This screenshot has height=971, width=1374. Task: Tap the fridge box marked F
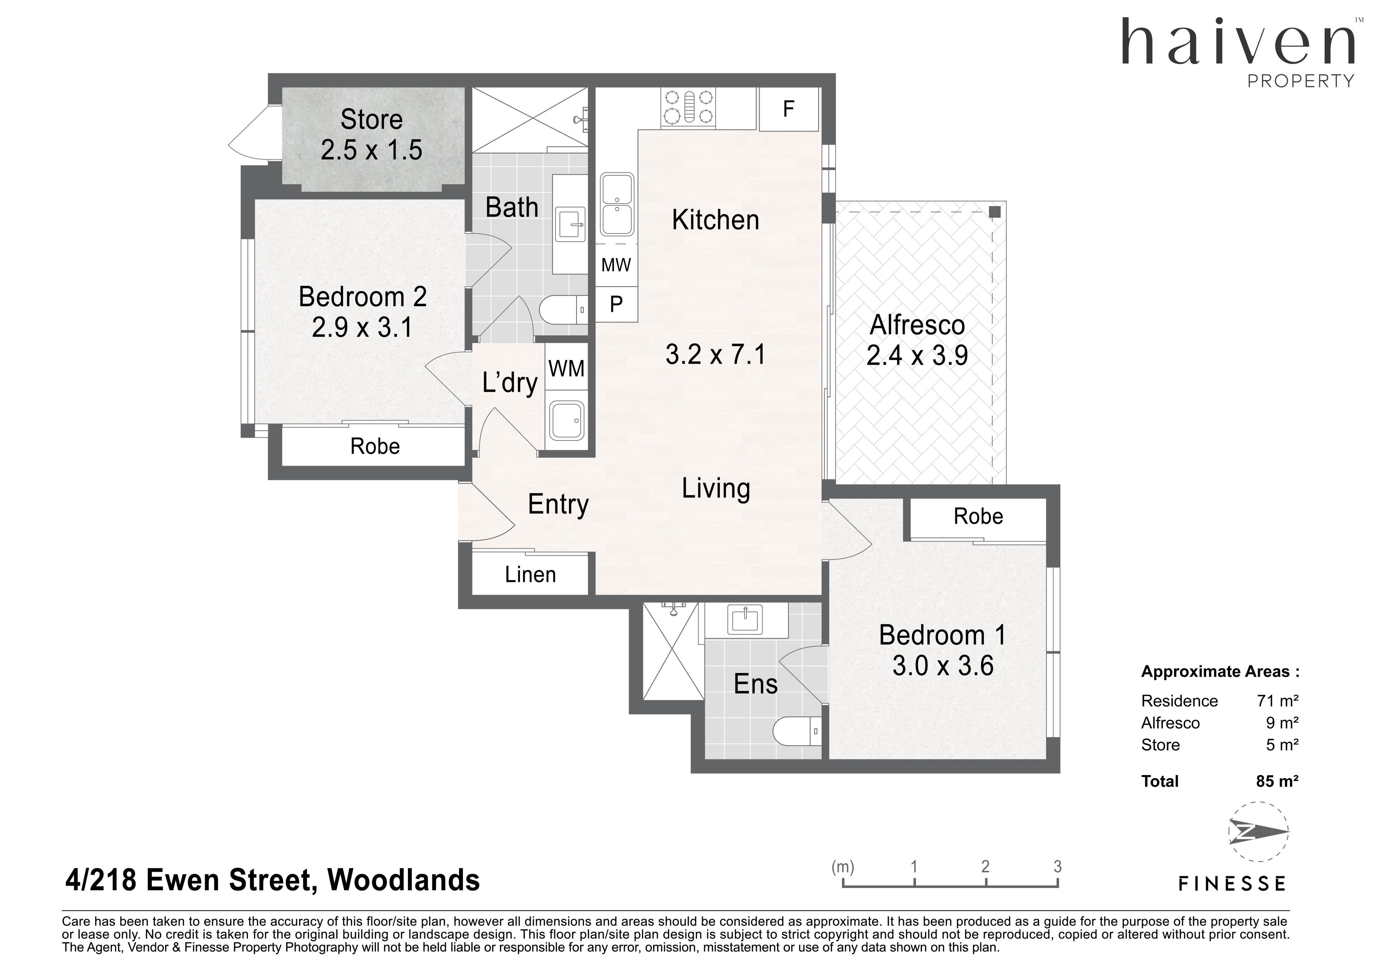[789, 109]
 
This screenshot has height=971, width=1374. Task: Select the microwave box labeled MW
[617, 264]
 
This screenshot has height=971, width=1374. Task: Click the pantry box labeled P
[617, 304]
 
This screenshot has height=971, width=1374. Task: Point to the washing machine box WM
[566, 368]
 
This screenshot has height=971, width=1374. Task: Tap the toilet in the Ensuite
[798, 731]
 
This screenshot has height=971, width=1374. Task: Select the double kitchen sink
[617, 204]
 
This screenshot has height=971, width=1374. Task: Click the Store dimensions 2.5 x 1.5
[372, 149]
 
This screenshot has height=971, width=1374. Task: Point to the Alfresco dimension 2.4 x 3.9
[917, 355]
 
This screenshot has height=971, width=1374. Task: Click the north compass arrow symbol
[1258, 832]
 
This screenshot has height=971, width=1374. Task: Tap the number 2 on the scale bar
[985, 866]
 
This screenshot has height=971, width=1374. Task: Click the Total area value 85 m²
[1277, 781]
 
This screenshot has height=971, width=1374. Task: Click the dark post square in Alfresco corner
[995, 212]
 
